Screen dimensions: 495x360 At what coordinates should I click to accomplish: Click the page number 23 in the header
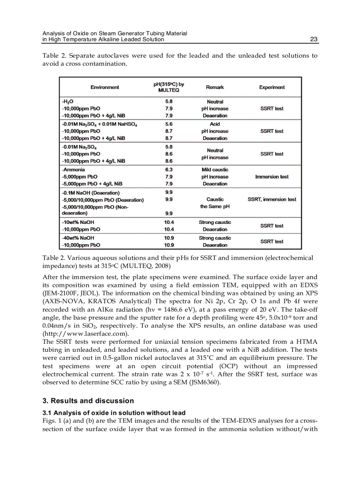point(314,39)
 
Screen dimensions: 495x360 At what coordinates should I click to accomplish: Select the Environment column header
point(105,87)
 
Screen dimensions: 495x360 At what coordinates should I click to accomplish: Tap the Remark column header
point(215,87)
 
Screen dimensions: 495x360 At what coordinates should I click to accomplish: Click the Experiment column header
point(272,87)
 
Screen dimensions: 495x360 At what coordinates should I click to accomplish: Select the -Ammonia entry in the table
point(74,170)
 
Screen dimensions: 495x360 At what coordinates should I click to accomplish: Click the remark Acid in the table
point(215,124)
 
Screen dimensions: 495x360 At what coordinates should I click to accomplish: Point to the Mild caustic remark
point(215,170)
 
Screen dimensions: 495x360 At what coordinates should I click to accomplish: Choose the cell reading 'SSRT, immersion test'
point(272,200)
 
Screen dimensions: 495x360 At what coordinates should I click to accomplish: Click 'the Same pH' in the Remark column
point(215,206)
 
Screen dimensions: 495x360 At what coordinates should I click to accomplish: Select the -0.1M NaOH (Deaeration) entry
point(90,193)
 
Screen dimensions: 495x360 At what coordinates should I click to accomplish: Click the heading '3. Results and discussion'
point(88,401)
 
